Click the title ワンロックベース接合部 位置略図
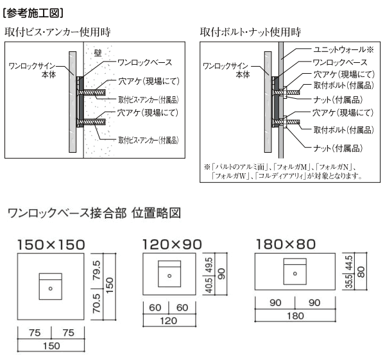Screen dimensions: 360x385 pos(96,212)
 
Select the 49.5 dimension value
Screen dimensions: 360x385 pos(209,264)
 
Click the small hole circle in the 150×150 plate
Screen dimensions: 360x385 pos(51,289)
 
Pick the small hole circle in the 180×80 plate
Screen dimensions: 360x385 pos(295,273)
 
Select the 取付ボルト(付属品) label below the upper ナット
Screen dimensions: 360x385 pos(343,130)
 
